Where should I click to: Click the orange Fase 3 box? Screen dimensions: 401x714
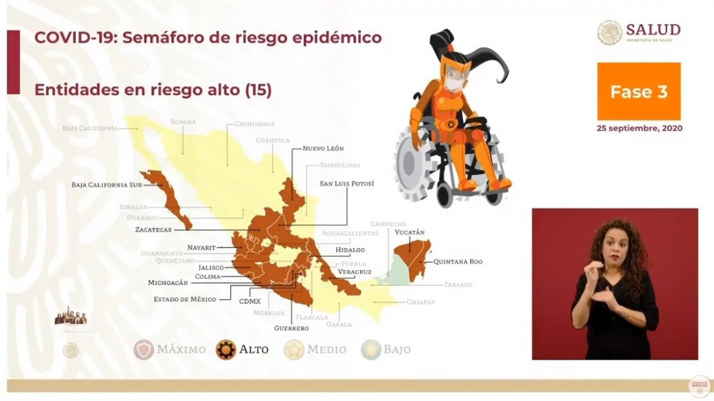tap(638, 91)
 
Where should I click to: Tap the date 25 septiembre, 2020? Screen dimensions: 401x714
tap(639, 128)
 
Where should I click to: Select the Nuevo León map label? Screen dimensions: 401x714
tap(323, 148)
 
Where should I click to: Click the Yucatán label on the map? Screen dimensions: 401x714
tap(410, 233)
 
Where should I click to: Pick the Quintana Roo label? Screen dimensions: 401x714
tap(457, 261)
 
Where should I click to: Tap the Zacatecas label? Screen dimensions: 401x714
tap(153, 230)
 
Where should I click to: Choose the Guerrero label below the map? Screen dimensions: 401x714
tap(291, 328)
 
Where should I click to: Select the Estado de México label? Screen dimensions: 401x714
tap(185, 299)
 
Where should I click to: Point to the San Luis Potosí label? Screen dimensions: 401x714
tap(346, 184)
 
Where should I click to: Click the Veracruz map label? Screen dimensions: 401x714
tap(354, 272)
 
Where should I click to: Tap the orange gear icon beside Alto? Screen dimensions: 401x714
tap(225, 350)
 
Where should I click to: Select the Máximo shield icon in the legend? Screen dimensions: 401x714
tap(143, 350)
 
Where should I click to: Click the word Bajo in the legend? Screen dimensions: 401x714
tap(398, 350)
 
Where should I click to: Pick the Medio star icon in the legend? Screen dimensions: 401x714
tap(294, 350)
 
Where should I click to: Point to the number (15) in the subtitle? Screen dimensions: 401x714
tap(257, 89)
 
